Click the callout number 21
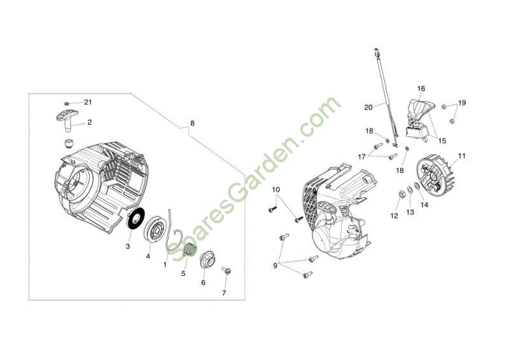[x=88, y=102]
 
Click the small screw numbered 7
[x=227, y=270]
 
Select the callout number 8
[x=193, y=123]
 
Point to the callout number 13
[x=410, y=212]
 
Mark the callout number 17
[x=361, y=157]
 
